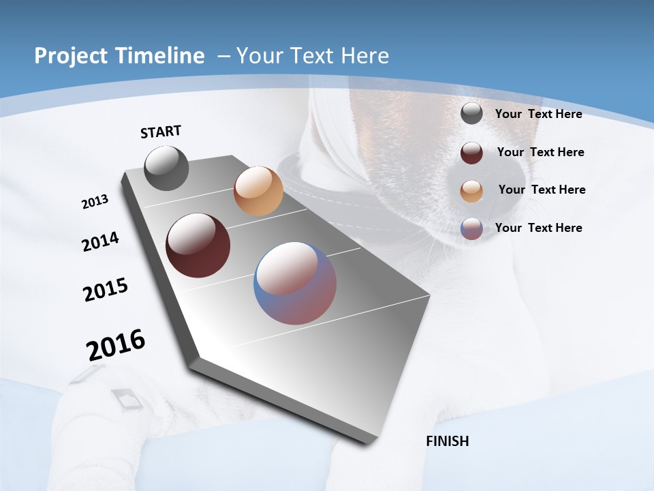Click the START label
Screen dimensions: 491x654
point(161,131)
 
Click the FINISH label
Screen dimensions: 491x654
point(448,441)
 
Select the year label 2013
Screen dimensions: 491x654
point(95,202)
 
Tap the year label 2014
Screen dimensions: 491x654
point(100,241)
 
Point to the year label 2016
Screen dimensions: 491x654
point(116,344)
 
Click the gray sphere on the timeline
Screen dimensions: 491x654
point(167,168)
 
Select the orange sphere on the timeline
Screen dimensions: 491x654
point(258,191)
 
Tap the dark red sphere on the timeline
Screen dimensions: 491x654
point(198,245)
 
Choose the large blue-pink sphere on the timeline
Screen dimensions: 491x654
point(295,283)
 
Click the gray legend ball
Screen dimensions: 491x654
point(471,114)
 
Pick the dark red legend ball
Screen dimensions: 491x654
point(471,152)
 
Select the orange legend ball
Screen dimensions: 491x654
point(471,190)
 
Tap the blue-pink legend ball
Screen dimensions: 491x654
point(471,228)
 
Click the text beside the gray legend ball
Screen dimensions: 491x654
point(538,114)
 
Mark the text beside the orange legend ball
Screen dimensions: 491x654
point(542,190)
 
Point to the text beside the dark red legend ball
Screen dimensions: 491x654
point(540,152)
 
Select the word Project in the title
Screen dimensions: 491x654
point(69,56)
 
